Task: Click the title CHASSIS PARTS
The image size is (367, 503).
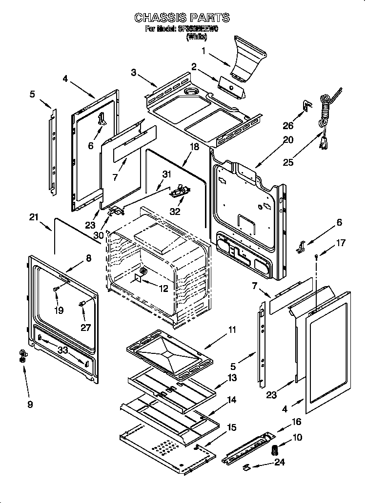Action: coord(182,18)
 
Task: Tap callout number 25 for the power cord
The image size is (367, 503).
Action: coord(288,162)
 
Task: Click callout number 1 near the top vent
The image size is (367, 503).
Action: coord(204,50)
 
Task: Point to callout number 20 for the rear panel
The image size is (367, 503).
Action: coord(288,140)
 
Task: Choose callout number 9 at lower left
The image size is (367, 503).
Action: coord(30,404)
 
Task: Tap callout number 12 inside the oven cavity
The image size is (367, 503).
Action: coord(163,289)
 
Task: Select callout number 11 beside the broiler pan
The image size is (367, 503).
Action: coord(232,330)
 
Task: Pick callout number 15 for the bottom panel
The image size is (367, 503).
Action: coord(231,427)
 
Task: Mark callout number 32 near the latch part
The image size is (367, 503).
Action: coord(174,212)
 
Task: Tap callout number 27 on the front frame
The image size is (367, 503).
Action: coord(86,328)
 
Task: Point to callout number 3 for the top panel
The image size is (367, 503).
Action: coord(134,73)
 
